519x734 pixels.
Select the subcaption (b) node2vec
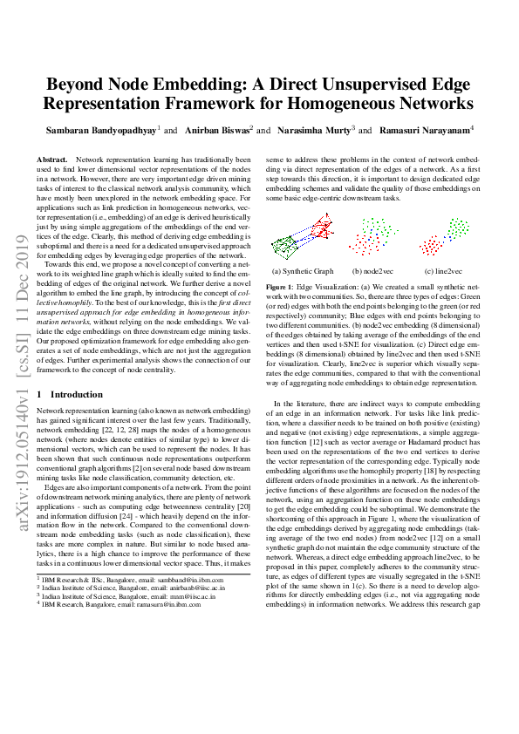pos(372,271)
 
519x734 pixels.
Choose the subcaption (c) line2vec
pos(441,271)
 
